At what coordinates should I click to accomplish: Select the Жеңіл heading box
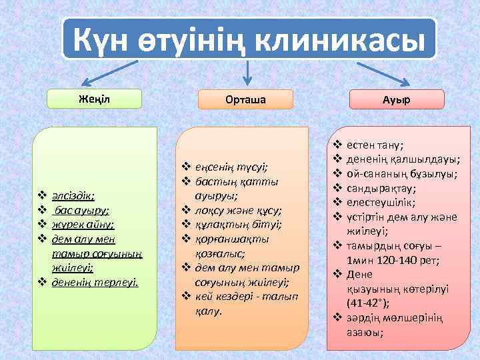(x=95, y=99)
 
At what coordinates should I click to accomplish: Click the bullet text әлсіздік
(x=73, y=196)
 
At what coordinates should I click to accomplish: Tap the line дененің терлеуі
(x=95, y=282)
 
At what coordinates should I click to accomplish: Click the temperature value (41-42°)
(x=369, y=302)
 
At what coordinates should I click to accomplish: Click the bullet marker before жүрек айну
(x=41, y=225)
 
